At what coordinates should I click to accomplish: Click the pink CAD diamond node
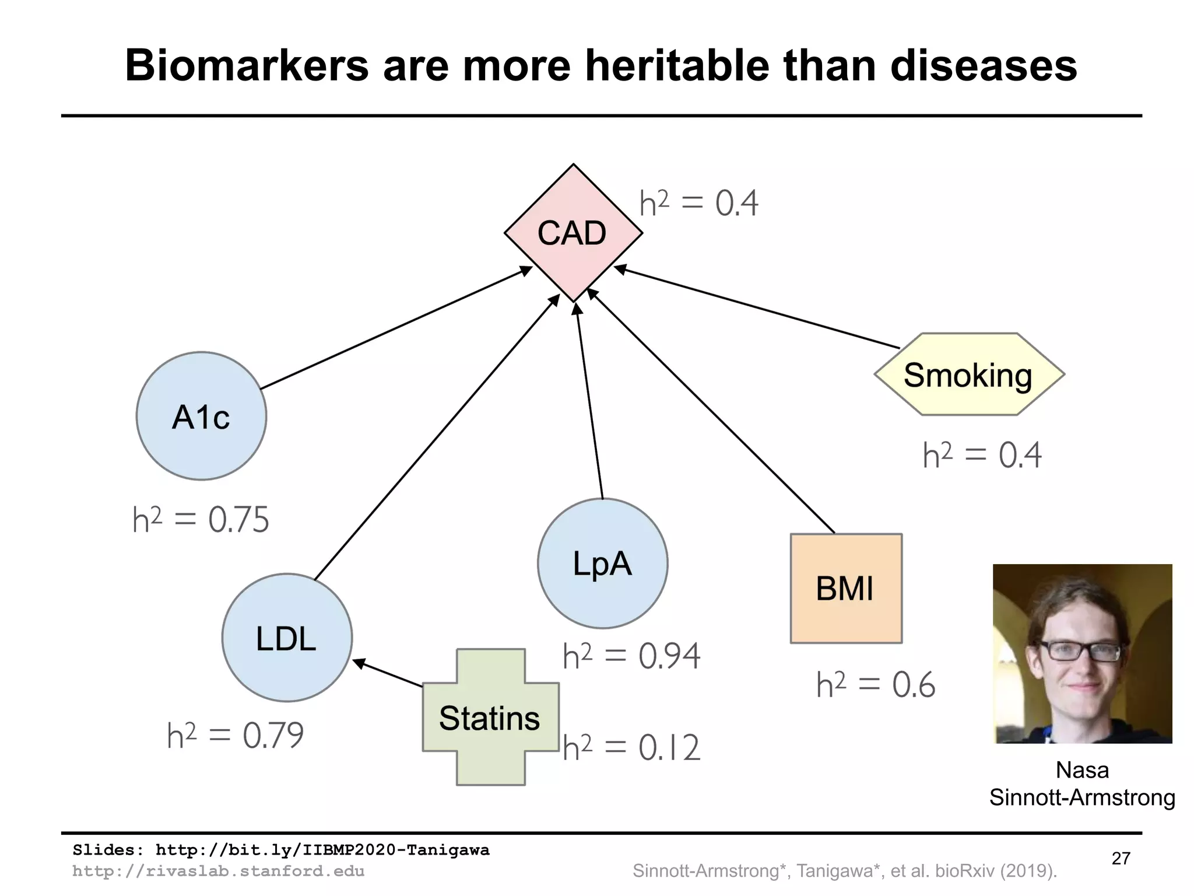point(573,233)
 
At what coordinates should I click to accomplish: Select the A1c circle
point(201,416)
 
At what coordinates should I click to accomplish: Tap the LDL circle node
point(287,638)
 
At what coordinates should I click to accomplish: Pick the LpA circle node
point(602,563)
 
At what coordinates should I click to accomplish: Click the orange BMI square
point(846,588)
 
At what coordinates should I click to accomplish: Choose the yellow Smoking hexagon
point(969,374)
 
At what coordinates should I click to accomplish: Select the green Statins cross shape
point(490,717)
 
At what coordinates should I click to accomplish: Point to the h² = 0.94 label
point(631,656)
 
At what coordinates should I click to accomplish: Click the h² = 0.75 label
point(201,519)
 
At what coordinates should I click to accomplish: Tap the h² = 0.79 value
point(236,735)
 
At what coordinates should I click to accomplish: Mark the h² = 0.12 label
point(631,747)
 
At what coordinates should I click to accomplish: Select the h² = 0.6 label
point(876,685)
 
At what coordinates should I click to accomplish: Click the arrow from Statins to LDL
point(388,673)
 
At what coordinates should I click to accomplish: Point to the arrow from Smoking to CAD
point(758,308)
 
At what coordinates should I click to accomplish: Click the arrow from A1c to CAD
point(396,328)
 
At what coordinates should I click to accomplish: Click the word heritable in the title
point(676,65)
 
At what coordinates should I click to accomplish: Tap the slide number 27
point(1121,858)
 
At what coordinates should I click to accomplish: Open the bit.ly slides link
point(322,850)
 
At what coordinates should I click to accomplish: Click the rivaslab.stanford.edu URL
point(219,871)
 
